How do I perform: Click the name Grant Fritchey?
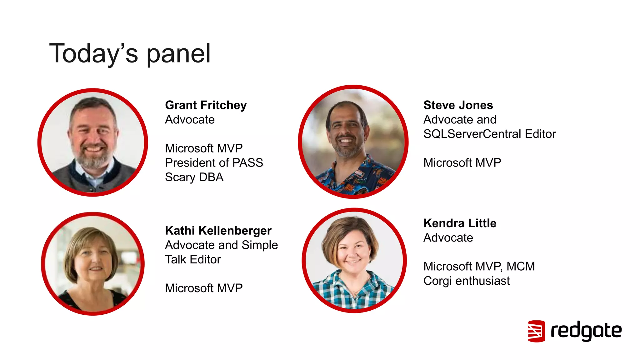pos(206,105)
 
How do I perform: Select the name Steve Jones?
pos(458,105)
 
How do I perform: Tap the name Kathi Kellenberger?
pos(218,231)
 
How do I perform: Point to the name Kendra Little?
pos(460,223)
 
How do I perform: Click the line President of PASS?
pos(214,163)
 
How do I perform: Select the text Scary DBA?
pos(194,177)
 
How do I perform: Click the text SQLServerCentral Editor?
pos(489,134)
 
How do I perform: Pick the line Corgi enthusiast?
pos(466,281)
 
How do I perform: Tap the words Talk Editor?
pos(193,260)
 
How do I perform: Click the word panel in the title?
pos(178,54)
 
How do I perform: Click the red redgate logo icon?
pos(536,331)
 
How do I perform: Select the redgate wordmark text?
pos(586,331)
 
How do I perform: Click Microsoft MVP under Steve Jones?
pos(462,163)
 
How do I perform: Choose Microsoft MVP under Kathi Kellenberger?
pos(203,288)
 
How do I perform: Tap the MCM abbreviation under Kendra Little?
pos(521,267)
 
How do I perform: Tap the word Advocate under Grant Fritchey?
pos(190,120)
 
